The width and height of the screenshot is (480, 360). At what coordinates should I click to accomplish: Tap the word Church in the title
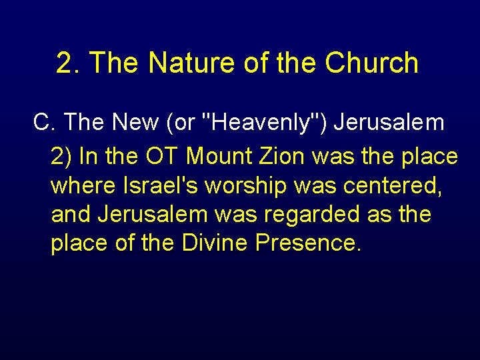pos(372,63)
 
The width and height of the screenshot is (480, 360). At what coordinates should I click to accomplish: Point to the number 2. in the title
pos(69,63)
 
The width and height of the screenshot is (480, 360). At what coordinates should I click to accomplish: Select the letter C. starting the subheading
pos(44,123)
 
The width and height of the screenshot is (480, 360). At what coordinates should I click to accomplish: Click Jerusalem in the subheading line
pos(389,123)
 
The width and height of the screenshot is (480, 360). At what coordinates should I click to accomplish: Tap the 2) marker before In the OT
pos(61,157)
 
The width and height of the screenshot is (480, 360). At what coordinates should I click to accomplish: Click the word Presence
pos(309,244)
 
